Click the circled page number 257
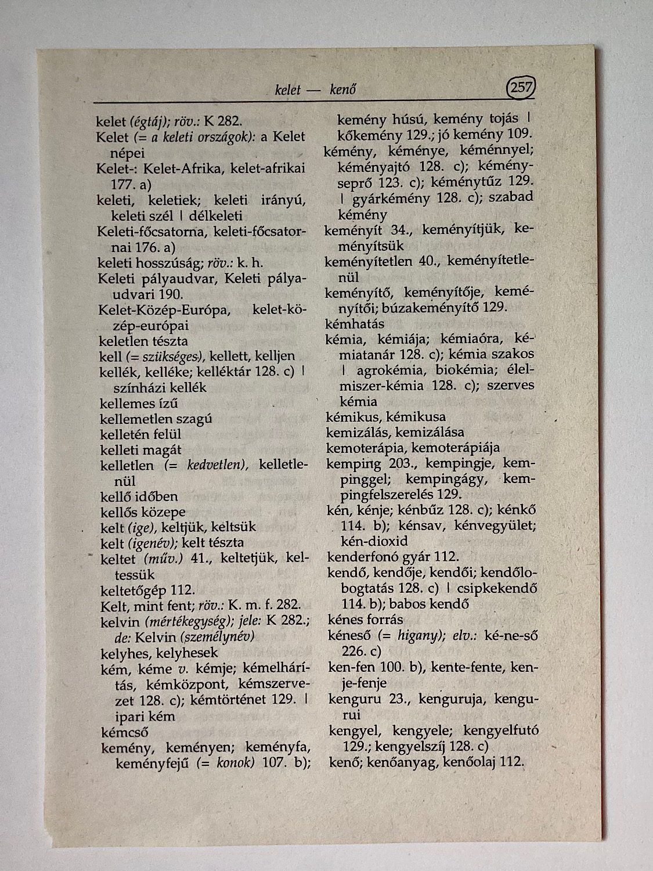click(x=521, y=88)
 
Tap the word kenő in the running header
click(x=342, y=90)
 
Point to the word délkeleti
click(x=215, y=215)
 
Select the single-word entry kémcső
click(x=124, y=732)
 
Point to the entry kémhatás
click(x=355, y=323)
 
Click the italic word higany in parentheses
click(x=416, y=635)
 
